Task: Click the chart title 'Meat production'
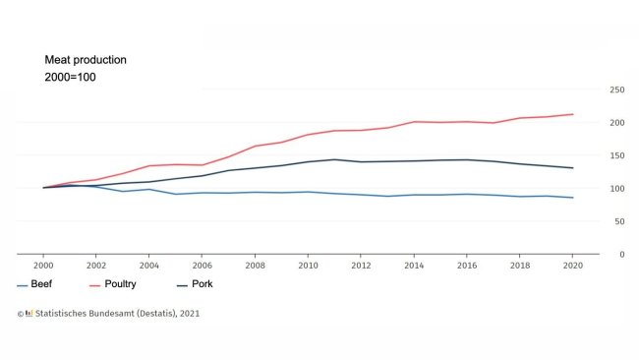86,60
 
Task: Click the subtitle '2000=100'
70,77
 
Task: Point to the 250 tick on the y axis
617,90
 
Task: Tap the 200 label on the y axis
617,123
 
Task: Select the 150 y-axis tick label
617,155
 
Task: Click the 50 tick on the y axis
619,221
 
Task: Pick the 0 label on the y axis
622,255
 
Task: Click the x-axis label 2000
43,266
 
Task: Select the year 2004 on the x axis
149,266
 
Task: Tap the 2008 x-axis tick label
256,266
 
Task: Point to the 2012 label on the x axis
362,266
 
